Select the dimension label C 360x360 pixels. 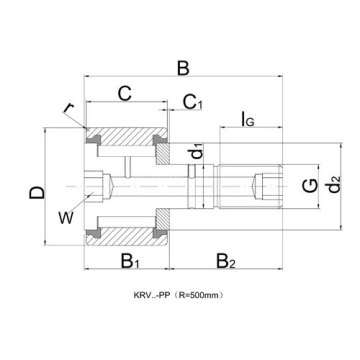click(125, 94)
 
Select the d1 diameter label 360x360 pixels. click(197, 153)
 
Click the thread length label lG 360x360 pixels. click(247, 121)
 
